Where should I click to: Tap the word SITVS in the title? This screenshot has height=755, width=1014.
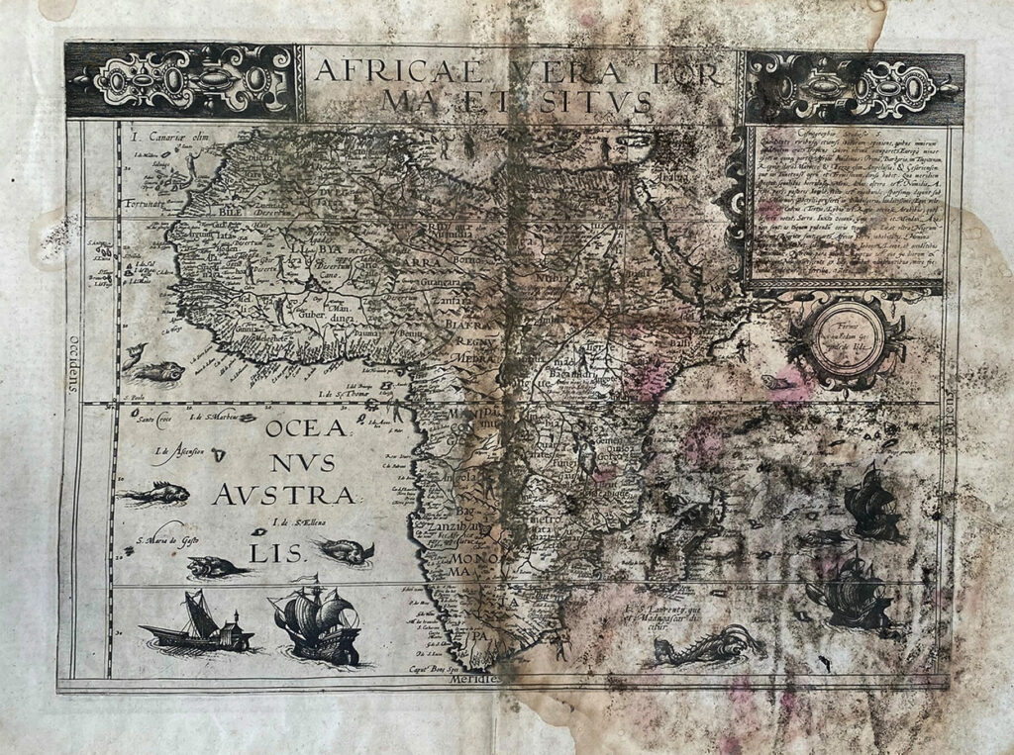click(604, 100)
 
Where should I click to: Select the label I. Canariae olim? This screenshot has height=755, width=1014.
click(159, 135)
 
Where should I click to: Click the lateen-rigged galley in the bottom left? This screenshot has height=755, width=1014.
click(197, 624)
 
